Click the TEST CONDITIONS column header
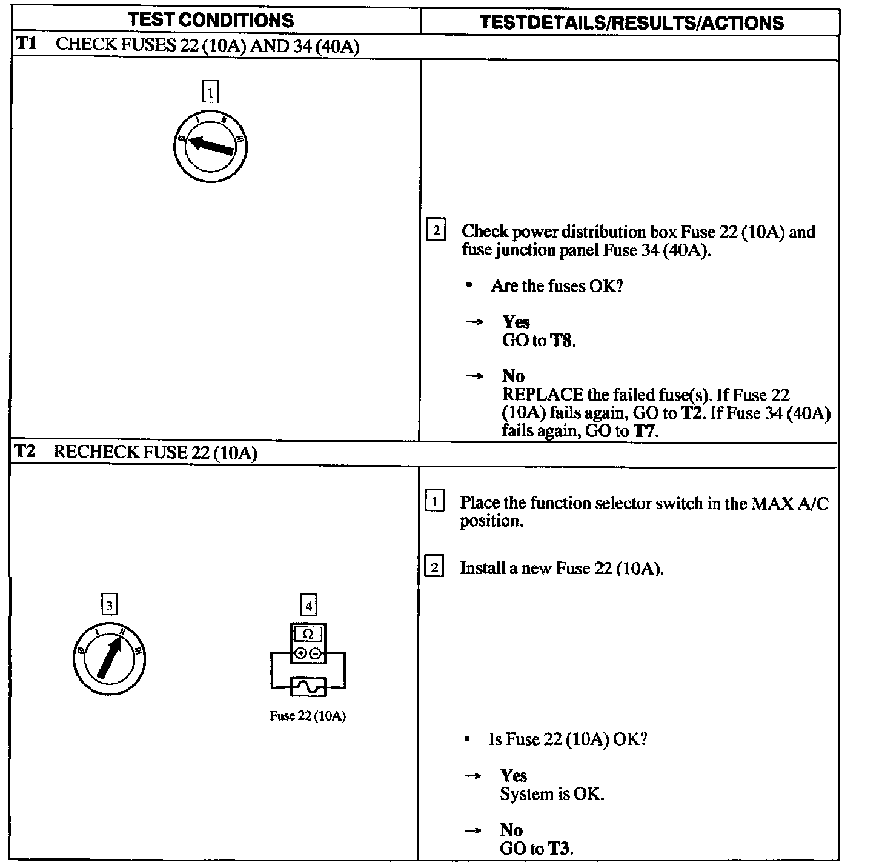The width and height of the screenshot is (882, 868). [211, 20]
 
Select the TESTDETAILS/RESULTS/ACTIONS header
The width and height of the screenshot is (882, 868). [631, 22]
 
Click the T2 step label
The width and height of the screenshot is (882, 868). [24, 452]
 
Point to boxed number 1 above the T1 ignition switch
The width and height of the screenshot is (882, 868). [210, 93]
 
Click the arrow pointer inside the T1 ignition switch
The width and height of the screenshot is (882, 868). [210, 146]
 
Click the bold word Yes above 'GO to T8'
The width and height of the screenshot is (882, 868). [516, 322]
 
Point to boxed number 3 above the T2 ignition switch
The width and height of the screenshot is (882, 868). [109, 605]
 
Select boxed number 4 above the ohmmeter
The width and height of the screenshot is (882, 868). [308, 605]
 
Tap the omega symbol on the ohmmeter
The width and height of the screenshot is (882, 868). [308, 634]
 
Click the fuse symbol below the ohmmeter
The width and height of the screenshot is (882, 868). [308, 687]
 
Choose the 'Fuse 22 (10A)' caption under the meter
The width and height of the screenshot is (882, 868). [308, 716]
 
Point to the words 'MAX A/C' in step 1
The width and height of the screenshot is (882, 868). [790, 504]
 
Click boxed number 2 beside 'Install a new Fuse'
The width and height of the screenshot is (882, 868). [434, 568]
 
